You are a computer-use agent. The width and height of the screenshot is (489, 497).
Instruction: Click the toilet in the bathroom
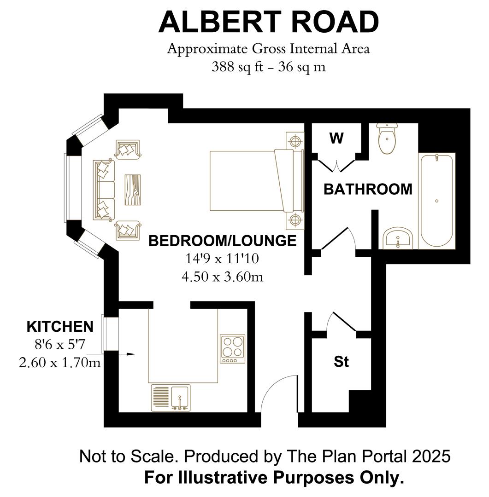pyautogui.click(x=387, y=138)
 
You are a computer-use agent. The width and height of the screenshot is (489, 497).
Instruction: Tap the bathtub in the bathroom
pyautogui.click(x=437, y=201)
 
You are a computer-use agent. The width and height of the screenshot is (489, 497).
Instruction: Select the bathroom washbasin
pyautogui.click(x=398, y=238)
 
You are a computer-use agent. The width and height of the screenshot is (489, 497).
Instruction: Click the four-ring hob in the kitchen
pyautogui.click(x=232, y=349)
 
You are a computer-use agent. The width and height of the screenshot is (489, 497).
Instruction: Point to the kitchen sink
pyautogui.click(x=171, y=398)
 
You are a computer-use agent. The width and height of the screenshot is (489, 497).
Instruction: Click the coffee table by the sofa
pyautogui.click(x=132, y=190)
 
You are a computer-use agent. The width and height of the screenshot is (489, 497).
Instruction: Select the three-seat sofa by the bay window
pyautogui.click(x=104, y=190)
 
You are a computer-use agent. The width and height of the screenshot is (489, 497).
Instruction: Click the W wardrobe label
pyautogui.click(x=336, y=138)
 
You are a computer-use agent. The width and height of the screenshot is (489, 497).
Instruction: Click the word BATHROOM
pyautogui.click(x=368, y=189)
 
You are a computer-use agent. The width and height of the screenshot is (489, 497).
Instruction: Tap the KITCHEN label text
pyautogui.click(x=60, y=327)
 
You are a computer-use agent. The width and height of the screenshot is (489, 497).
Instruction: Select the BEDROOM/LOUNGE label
pyautogui.click(x=223, y=241)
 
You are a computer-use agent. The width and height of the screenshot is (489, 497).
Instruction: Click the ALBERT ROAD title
pyautogui.click(x=269, y=22)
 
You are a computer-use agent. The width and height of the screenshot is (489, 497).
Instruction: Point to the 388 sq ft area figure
pyautogui.click(x=238, y=67)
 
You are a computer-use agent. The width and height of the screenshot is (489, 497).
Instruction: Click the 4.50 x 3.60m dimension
pyautogui.click(x=223, y=277)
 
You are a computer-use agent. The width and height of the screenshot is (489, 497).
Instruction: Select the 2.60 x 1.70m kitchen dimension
pyautogui.click(x=60, y=362)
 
